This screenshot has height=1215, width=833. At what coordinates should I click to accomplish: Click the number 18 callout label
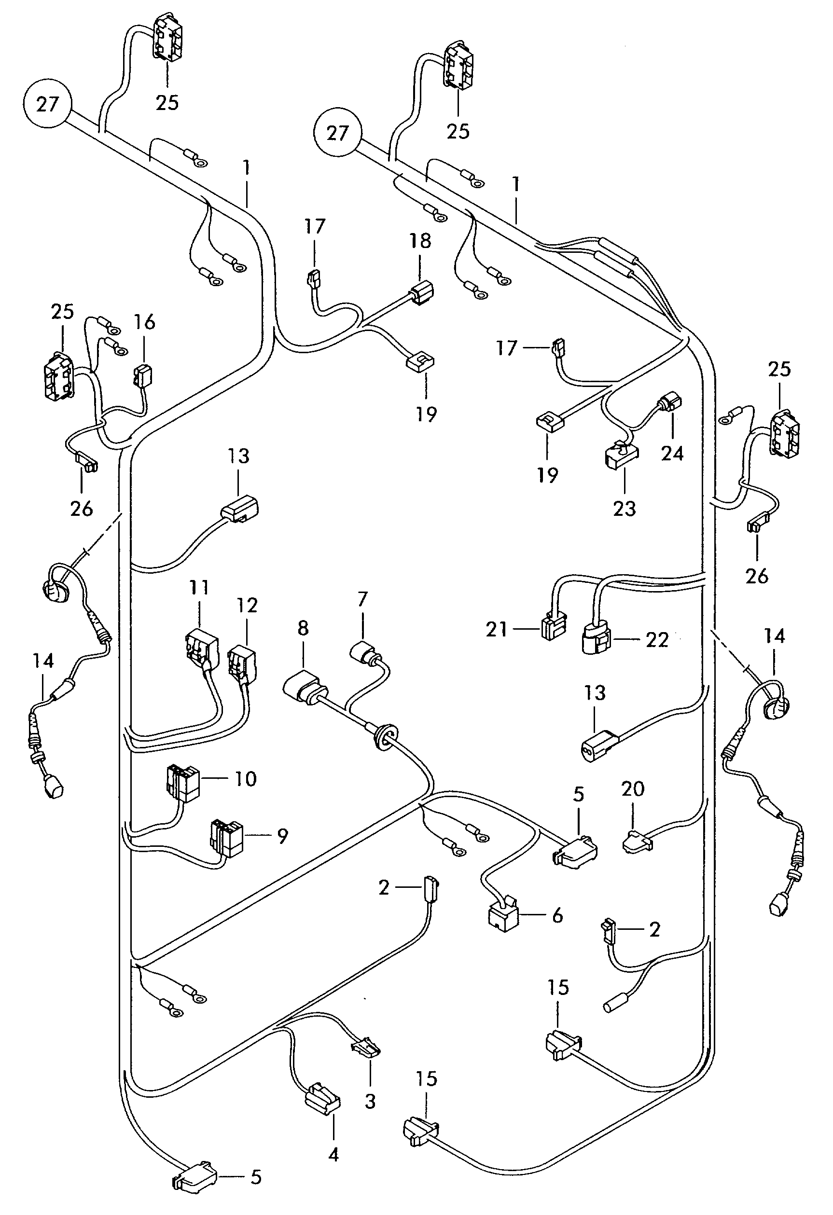tap(420, 240)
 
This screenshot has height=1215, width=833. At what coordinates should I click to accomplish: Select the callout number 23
tap(625, 508)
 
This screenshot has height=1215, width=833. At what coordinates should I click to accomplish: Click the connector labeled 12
tap(241, 664)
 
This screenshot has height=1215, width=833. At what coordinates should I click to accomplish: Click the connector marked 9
tap(226, 838)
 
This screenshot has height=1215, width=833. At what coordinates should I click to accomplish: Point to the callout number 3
tap(370, 1102)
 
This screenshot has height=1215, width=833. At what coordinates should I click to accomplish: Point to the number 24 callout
tap(672, 453)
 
